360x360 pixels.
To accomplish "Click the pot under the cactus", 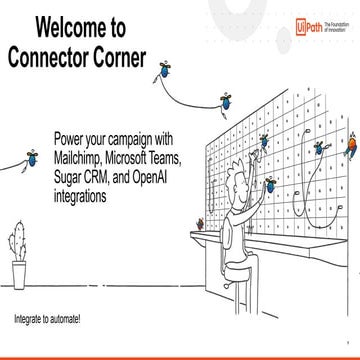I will click(20, 273).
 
